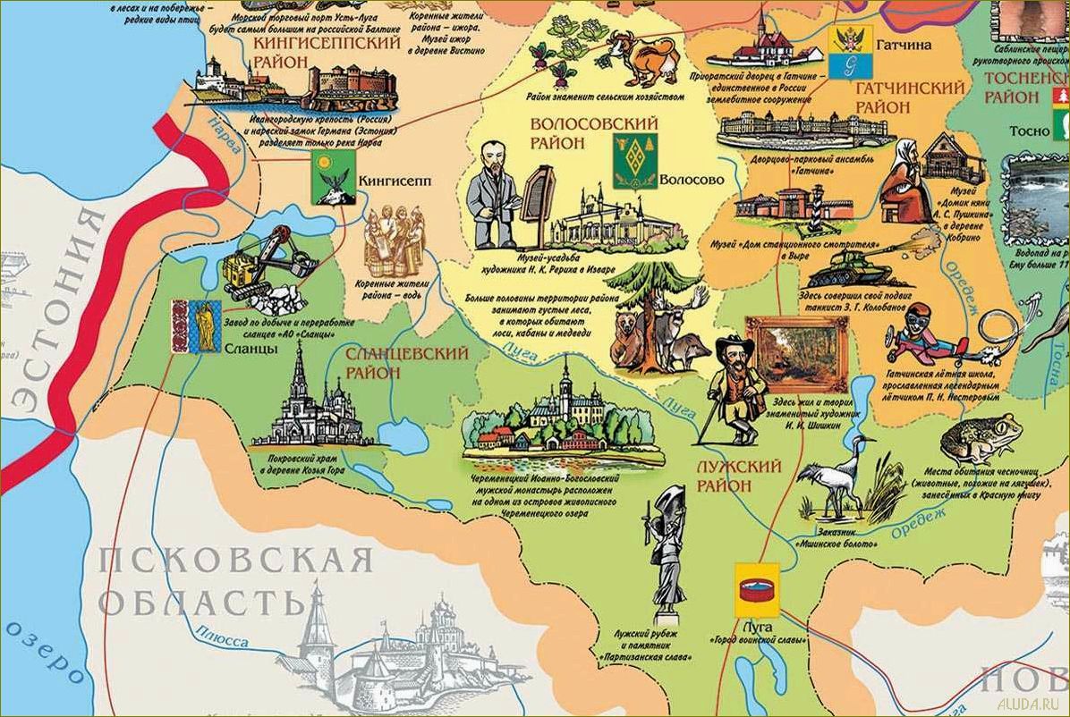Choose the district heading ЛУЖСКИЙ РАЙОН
coord(739,477)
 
